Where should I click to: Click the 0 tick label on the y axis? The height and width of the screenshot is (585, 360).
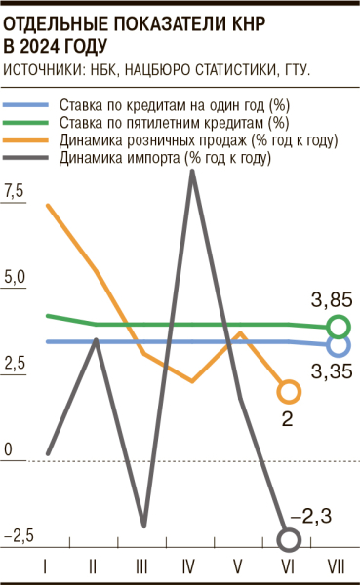[x=7, y=449]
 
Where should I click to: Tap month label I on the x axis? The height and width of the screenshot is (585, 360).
[x=47, y=565]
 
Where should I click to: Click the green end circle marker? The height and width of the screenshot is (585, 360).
[x=339, y=327]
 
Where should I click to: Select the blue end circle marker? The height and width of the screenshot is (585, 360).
[x=339, y=344]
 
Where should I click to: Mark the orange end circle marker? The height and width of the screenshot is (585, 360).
[x=289, y=392]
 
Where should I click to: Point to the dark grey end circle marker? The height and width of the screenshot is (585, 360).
[x=289, y=538]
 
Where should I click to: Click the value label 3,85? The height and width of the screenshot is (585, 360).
[x=332, y=299]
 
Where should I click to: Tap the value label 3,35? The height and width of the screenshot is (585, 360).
[x=332, y=371]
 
